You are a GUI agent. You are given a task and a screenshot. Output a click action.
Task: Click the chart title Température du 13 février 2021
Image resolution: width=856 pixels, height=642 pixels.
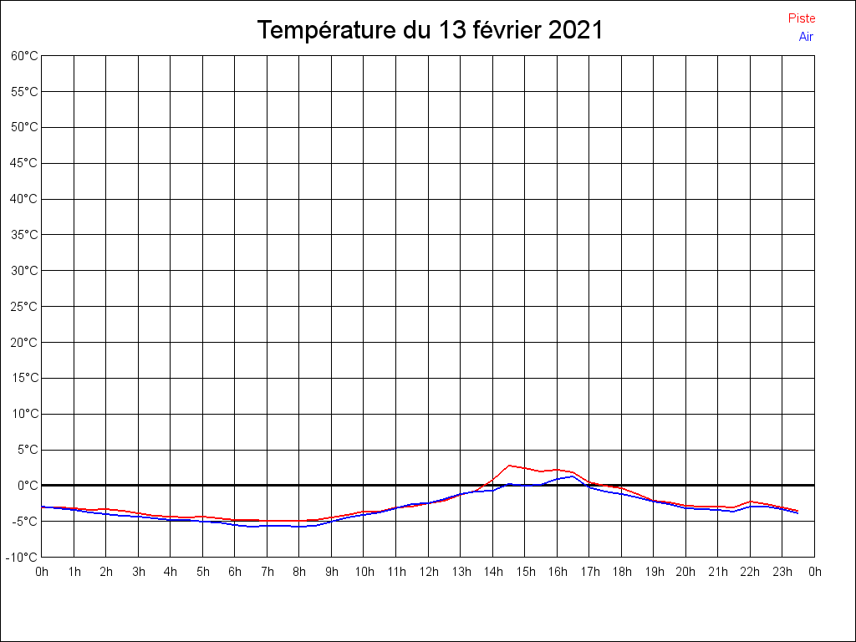(x=430, y=31)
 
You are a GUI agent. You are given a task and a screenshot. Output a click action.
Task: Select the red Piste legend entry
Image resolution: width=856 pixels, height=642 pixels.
(x=802, y=18)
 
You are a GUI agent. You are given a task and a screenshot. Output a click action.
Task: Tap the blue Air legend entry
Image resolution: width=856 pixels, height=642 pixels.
(x=806, y=37)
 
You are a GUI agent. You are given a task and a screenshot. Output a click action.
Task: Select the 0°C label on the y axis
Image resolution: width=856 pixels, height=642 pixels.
(x=28, y=486)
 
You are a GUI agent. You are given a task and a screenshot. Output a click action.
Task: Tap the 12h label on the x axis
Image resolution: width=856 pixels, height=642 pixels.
(x=428, y=572)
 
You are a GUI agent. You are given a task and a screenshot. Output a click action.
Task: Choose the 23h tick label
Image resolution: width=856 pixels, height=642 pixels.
(x=782, y=572)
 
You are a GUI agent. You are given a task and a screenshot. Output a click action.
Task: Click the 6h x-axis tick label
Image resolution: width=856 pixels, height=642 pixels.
(x=235, y=572)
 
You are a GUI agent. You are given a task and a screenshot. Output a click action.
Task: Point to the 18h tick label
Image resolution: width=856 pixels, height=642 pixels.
(x=621, y=572)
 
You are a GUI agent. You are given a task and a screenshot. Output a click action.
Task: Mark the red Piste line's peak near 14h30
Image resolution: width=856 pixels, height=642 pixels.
(x=508, y=466)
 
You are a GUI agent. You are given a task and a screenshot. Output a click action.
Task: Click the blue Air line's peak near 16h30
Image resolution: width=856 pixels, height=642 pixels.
(x=573, y=476)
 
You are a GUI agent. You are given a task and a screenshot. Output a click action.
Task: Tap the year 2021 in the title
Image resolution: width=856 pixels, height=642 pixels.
(x=575, y=31)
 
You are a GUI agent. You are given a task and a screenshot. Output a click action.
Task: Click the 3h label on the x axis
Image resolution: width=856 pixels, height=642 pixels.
(x=138, y=572)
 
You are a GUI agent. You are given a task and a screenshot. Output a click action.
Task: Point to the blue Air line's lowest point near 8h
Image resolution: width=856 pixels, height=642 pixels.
(x=299, y=527)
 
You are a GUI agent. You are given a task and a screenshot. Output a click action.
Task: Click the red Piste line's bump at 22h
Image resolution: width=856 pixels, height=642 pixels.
(x=751, y=502)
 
